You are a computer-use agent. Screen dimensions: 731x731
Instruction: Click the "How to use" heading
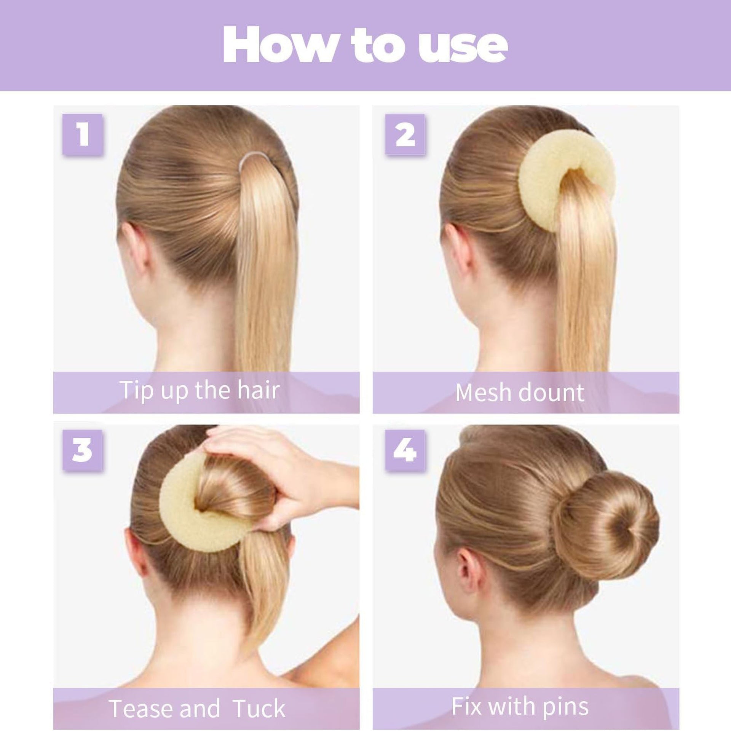click(365, 46)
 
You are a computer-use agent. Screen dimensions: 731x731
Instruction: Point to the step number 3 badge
click(83, 450)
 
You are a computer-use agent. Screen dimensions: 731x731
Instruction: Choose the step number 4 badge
click(405, 450)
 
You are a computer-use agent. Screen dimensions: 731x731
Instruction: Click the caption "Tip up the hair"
click(200, 391)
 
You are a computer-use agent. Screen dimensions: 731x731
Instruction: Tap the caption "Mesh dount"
click(520, 392)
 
